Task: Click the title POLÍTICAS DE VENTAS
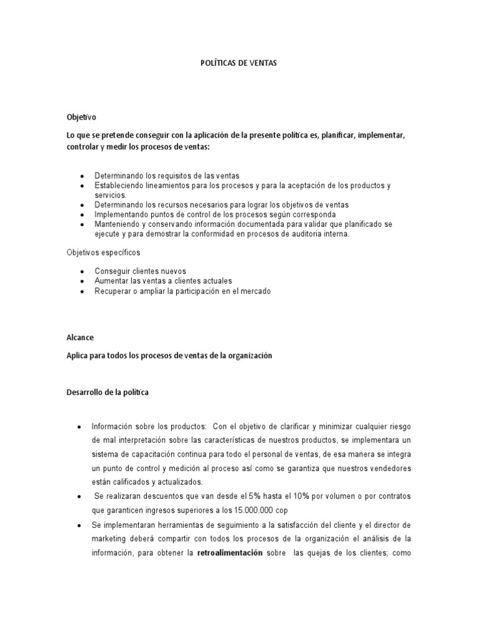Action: coord(238,64)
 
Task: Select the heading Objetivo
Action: coord(82,117)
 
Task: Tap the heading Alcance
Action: coord(80,337)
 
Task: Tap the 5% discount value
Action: coord(255,495)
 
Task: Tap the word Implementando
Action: coord(123,214)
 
